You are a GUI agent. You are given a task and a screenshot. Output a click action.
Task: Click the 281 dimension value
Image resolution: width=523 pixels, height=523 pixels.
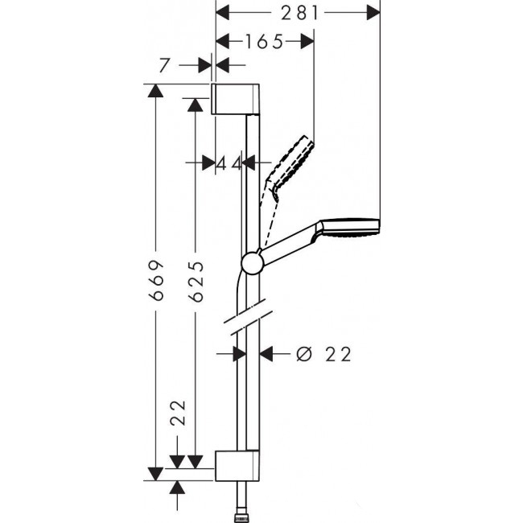[299, 13]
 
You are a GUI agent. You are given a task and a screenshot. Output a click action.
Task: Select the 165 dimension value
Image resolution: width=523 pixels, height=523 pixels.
[266, 42]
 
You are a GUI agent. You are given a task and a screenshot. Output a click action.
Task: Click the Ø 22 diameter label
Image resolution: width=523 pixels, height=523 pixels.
[324, 353]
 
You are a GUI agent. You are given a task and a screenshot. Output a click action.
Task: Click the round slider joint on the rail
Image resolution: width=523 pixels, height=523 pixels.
[252, 263]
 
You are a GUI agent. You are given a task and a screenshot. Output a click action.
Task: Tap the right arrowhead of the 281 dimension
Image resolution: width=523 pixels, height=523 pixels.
[372, 13]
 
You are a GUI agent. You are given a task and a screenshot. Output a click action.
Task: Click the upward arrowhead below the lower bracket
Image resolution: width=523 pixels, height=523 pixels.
[178, 488]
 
